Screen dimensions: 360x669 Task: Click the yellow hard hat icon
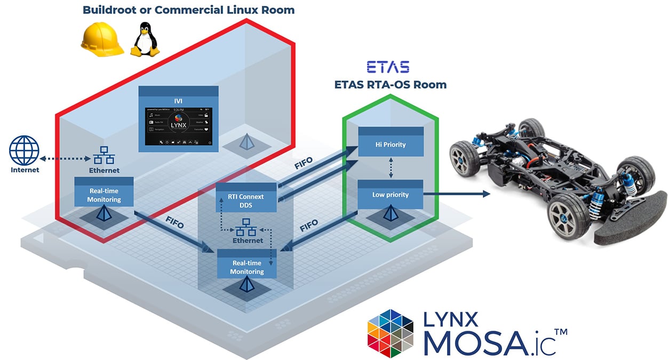[x=102, y=41]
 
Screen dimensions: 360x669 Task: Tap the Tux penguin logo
[x=145, y=39]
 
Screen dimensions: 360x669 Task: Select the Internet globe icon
[x=24, y=150]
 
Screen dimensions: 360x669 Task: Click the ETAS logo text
[x=388, y=67]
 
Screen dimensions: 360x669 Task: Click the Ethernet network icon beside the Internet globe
[x=105, y=155]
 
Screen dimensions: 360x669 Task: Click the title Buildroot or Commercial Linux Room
[x=188, y=10]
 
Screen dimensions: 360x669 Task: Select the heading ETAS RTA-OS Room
[x=390, y=84]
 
